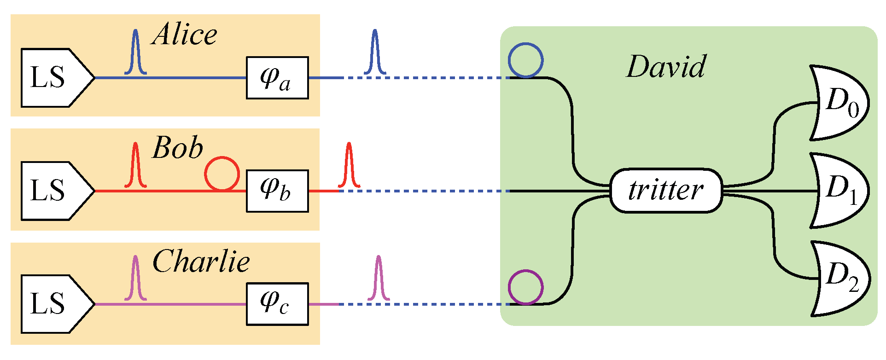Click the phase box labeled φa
277,78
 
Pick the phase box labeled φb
277,191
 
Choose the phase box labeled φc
277,304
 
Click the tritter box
666,191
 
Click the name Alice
184,35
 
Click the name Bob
178,148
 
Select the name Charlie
201,261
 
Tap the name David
666,67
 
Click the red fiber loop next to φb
222,174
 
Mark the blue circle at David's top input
525,60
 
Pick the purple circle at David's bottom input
525,287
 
